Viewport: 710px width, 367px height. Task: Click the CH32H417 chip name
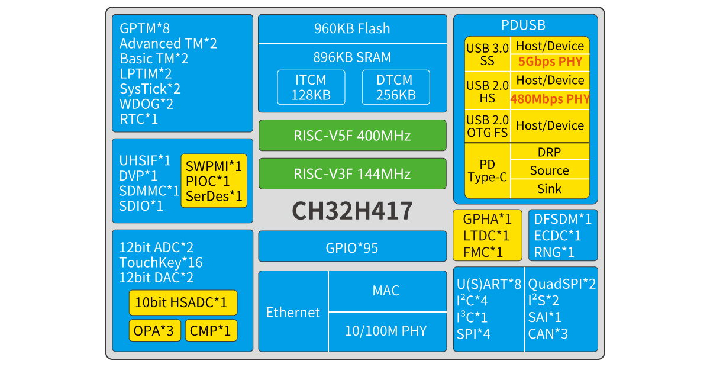[352, 211]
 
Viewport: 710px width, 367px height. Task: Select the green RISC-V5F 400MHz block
[352, 136]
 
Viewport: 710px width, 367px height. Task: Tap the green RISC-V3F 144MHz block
[352, 174]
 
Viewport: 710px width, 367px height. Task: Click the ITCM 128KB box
[311, 88]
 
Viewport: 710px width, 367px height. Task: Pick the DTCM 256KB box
[395, 88]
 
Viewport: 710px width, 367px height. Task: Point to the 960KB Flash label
[352, 28]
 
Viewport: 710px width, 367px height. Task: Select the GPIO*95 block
[352, 247]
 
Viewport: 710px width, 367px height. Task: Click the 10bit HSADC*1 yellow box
[183, 302]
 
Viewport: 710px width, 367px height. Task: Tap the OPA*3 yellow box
[154, 330]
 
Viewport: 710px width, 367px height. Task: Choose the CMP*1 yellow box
[211, 330]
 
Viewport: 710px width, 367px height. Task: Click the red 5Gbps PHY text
[550, 62]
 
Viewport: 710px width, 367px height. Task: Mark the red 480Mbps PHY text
[550, 99]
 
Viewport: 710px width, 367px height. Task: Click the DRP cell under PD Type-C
[550, 152]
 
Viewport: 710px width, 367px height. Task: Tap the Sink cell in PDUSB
[550, 189]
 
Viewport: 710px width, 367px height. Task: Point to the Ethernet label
[293, 313]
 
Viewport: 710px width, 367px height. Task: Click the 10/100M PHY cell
[386, 331]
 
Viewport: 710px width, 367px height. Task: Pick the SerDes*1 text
[214, 196]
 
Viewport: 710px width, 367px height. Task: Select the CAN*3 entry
[548, 334]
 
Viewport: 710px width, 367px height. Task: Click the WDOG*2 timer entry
[146, 104]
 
